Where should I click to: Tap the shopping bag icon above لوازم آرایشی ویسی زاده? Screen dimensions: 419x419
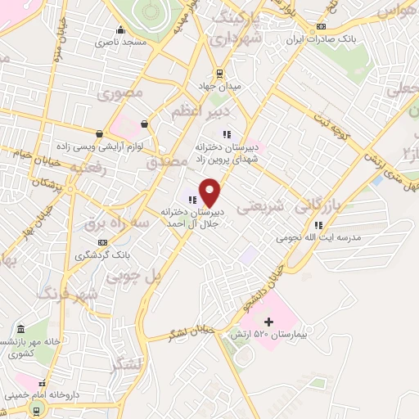(144, 124)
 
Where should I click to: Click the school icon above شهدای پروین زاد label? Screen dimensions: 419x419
(227, 134)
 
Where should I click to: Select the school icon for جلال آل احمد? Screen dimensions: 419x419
(193, 197)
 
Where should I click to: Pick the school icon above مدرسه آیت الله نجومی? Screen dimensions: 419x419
(318, 224)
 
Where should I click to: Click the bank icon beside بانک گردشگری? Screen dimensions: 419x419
(102, 242)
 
